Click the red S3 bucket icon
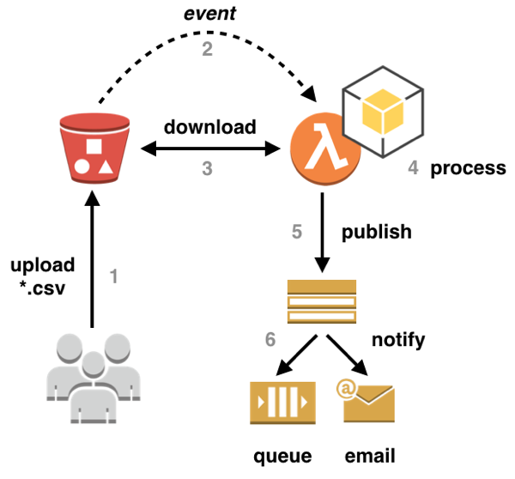[90, 150]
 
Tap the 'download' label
[210, 127]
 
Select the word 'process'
[468, 167]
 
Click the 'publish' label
[377, 232]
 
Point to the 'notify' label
[397, 340]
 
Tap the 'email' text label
[369, 456]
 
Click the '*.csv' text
[45, 284]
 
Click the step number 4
[413, 168]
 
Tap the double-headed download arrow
[206, 150]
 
